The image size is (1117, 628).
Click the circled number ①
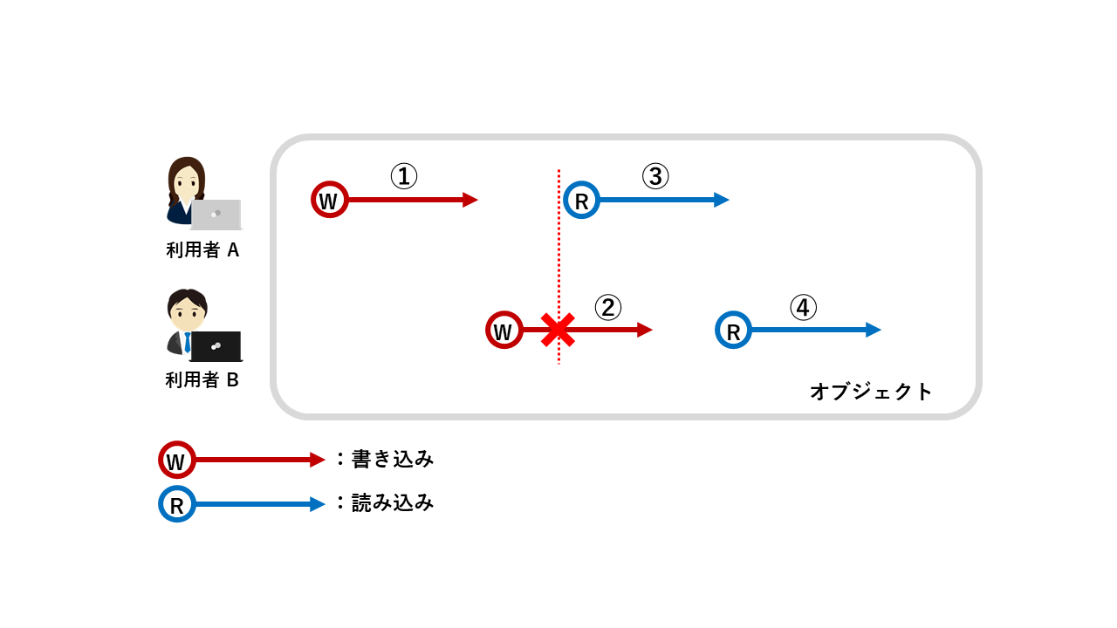403,177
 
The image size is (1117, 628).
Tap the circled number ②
608,307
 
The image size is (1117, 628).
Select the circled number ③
655,177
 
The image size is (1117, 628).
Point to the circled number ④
803,307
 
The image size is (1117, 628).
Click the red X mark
556,331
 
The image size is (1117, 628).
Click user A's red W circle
330,200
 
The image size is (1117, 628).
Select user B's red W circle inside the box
504,330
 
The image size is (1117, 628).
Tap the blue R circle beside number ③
581,200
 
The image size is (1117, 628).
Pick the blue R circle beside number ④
733,330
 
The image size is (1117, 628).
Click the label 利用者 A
202,250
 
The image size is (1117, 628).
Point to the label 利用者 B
202,380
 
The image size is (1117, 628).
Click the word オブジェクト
871,391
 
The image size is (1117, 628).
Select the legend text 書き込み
392,459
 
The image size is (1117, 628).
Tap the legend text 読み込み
392,503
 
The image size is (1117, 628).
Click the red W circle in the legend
176,460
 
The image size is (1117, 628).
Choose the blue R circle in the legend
176,504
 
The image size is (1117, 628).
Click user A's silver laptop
216,214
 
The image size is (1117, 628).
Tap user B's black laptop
216,346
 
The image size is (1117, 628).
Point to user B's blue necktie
187,342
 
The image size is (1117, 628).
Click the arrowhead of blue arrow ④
874,330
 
